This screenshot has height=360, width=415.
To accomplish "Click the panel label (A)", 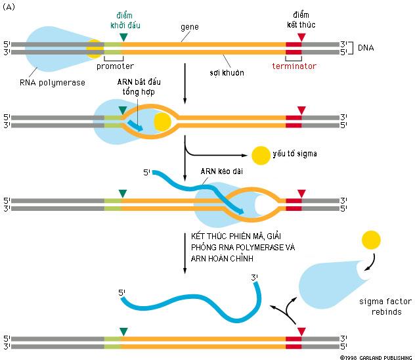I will point(11,7).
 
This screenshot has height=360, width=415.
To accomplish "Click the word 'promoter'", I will point(115,66).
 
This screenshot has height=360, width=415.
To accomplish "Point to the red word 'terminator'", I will point(294,66).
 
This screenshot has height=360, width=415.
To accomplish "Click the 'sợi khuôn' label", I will point(229,72).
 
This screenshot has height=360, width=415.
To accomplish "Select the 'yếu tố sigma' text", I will point(296,154).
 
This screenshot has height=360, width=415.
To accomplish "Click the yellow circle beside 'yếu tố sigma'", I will point(260,155).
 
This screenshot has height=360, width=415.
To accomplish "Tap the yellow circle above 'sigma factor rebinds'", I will point(370,238).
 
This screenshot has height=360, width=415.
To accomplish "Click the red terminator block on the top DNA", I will point(294,48).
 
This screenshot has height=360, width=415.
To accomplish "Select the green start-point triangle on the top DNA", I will point(123,37).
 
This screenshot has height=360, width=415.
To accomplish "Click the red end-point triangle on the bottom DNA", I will point(301,332).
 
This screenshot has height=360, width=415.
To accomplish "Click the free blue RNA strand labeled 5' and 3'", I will point(190,305).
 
